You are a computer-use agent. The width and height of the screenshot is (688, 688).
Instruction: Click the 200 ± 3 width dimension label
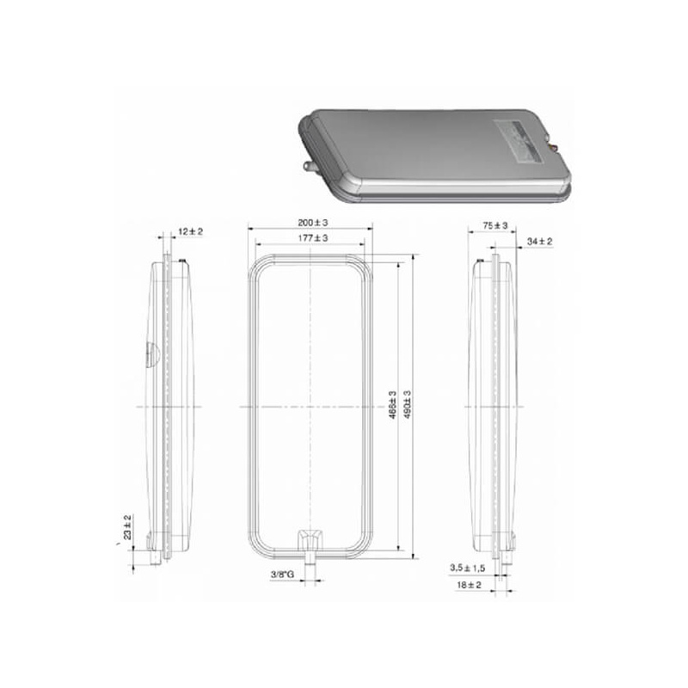pyautogui.click(x=313, y=223)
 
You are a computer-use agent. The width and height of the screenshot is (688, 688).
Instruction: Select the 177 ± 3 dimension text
pyautogui.click(x=313, y=238)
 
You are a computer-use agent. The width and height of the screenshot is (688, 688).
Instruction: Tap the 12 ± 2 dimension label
pyautogui.click(x=190, y=231)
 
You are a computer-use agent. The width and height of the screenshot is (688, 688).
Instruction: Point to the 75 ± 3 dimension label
pyautogui.click(x=495, y=225)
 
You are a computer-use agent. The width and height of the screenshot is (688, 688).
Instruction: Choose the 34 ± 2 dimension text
pyautogui.click(x=540, y=242)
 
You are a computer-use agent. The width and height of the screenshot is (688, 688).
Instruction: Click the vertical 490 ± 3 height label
pyautogui.click(x=407, y=404)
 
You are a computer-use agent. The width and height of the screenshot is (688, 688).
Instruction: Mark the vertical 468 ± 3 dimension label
pyautogui.click(x=393, y=405)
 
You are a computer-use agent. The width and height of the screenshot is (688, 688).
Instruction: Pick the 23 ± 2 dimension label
pyautogui.click(x=127, y=527)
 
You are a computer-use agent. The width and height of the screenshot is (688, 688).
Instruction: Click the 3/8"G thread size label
pyautogui.click(x=283, y=574)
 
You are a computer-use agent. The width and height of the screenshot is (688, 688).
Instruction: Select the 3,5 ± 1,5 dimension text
pyautogui.click(x=467, y=568)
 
